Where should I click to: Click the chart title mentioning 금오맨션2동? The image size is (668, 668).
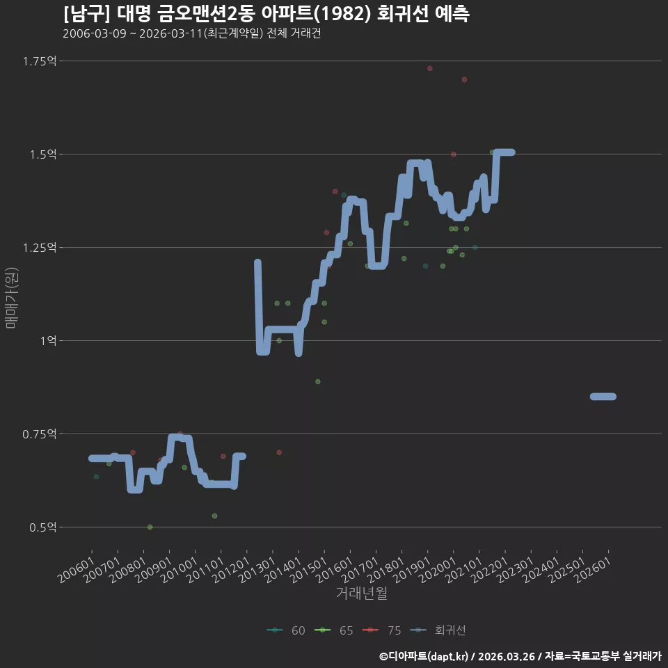pos(267,14)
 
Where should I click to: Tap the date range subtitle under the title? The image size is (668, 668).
pos(192,33)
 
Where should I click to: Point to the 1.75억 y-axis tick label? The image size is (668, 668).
pos(40,61)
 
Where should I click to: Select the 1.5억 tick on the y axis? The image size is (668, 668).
pos(43,154)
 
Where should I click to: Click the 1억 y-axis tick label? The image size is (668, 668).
pos(49,341)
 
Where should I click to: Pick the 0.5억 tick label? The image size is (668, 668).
pos(43,527)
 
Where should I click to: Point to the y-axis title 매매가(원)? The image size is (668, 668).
pos(12,299)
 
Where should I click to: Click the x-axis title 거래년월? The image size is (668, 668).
pos(362,593)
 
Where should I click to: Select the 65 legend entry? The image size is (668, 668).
pos(333,630)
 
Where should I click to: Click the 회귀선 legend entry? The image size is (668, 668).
pos(438,630)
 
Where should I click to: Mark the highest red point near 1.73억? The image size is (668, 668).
pos(430,69)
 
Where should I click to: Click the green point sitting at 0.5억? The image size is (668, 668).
pos(150,527)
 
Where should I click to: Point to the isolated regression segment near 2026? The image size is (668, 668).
pos(603,397)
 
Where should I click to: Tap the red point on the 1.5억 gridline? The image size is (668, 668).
pos(453,154)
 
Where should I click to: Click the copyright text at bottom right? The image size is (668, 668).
pos(520,656)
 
